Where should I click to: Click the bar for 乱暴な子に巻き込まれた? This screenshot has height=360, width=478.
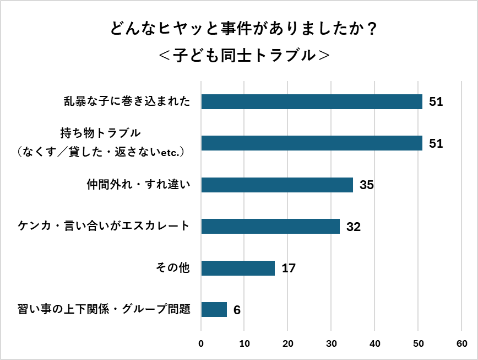tap(312, 101)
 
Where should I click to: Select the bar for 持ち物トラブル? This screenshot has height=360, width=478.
tap(312, 143)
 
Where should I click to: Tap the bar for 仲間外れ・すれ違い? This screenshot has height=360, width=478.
tap(277, 185)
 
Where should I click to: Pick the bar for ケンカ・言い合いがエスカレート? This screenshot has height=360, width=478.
tap(270, 227)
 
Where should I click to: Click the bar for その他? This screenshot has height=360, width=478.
tap(238, 268)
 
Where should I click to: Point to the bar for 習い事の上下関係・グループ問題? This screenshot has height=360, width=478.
tap(214, 310)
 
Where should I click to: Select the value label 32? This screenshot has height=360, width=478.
tap(354, 227)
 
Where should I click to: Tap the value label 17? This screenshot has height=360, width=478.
tap(289, 268)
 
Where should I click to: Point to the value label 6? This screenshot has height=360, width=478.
tap(237, 310)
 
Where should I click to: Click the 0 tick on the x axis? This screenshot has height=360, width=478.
tap(202, 343)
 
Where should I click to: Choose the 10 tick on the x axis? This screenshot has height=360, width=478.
tap(245, 343)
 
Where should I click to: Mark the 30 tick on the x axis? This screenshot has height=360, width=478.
tap(332, 343)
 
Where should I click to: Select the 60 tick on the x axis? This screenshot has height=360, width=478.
tap(461, 343)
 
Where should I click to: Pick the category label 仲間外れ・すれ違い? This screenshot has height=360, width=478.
tap(139, 185)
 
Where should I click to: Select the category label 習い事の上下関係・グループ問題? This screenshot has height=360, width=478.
tap(104, 310)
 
